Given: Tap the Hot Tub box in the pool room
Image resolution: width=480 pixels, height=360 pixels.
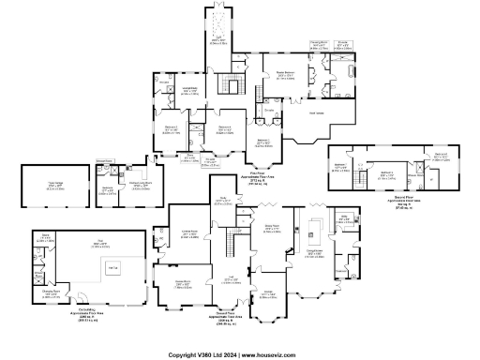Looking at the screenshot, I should tap(112, 269).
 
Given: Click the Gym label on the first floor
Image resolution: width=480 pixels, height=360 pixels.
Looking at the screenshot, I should tap(217, 39).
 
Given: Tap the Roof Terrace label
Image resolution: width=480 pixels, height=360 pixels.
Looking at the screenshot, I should tap(318, 113).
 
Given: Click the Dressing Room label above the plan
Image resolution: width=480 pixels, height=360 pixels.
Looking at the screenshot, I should tap(319, 41).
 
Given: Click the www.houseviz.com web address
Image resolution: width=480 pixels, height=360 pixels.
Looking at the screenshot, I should tap(272, 354).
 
